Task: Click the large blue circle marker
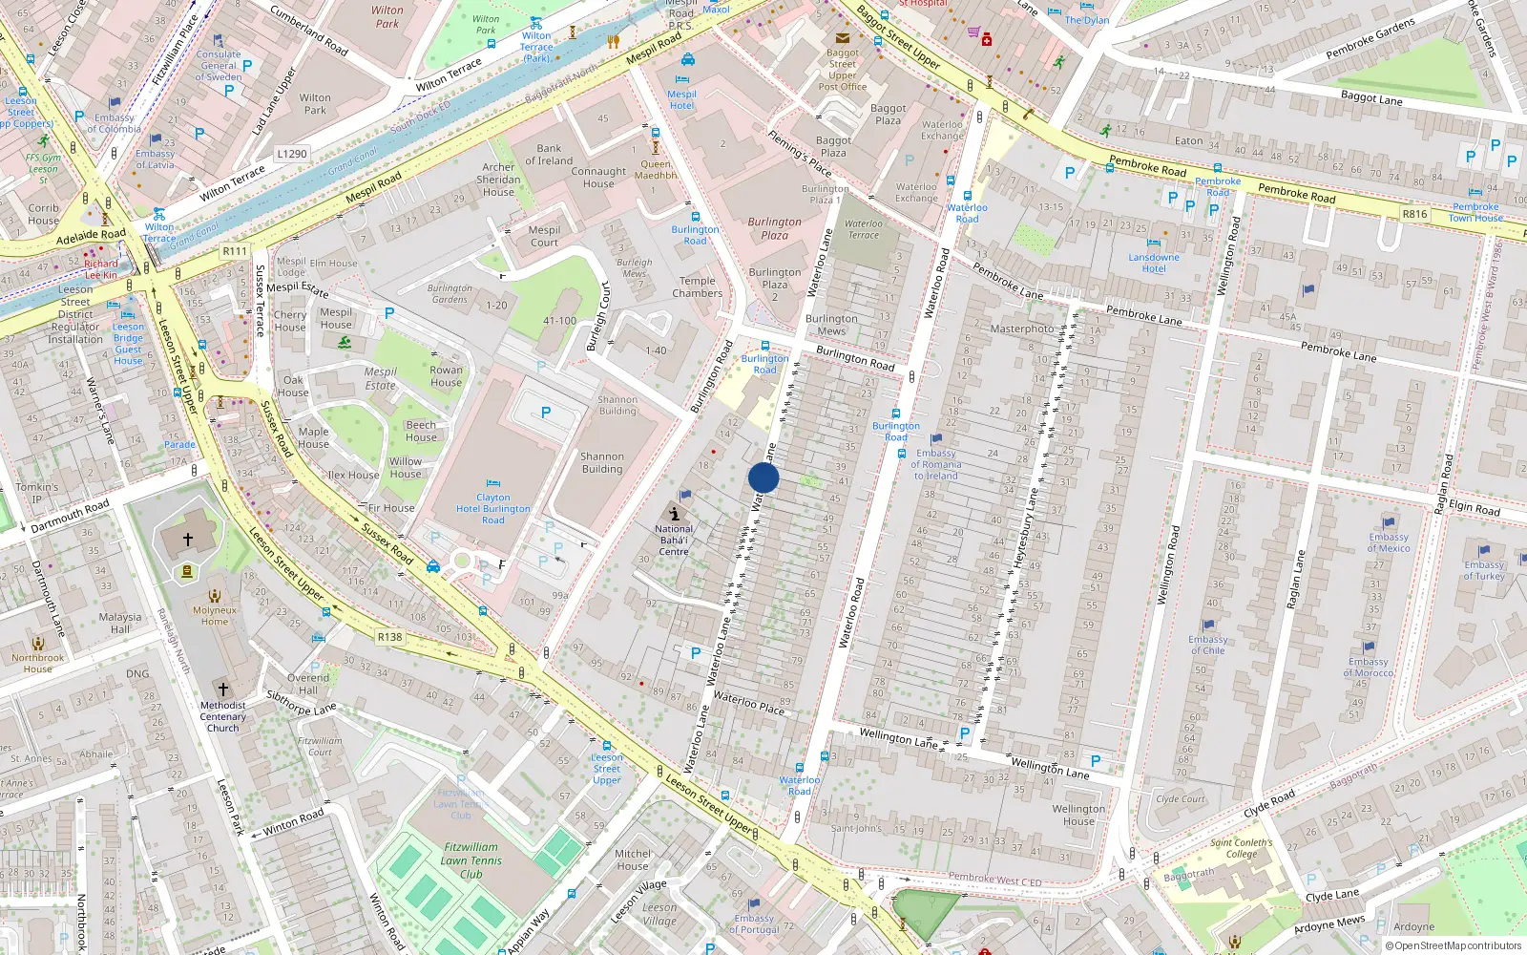click(x=763, y=477)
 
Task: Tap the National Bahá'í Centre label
click(x=674, y=540)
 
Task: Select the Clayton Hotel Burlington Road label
click(x=492, y=508)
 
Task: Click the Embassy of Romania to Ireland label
click(x=936, y=464)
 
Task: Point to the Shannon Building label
click(x=601, y=462)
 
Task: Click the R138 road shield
click(x=389, y=637)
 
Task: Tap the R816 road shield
click(x=1414, y=214)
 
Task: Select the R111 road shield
click(x=235, y=251)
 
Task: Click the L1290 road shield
click(x=292, y=154)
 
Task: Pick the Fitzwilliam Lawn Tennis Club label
click(x=471, y=859)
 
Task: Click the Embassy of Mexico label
click(x=1388, y=542)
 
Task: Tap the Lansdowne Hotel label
click(x=1154, y=263)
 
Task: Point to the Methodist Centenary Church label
click(x=223, y=716)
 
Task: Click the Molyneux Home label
click(x=215, y=615)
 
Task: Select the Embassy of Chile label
click(x=1207, y=645)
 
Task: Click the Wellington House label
click(x=1078, y=815)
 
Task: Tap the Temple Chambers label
click(x=697, y=286)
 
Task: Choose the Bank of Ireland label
click(x=549, y=154)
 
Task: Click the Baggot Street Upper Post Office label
click(x=842, y=70)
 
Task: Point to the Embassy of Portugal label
click(x=754, y=923)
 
